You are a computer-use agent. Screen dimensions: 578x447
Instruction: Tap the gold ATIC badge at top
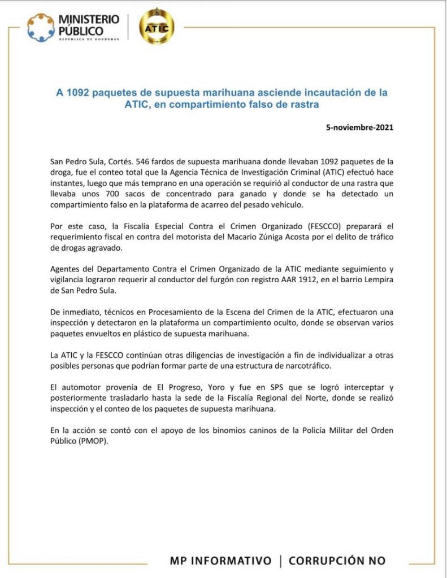(x=157, y=27)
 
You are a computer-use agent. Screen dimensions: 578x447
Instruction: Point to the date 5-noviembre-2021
(x=359, y=128)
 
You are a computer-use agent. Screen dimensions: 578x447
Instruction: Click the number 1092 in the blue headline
(x=77, y=91)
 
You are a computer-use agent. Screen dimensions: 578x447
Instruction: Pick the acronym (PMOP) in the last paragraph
(x=92, y=441)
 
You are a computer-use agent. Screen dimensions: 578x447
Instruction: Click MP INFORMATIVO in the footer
(x=220, y=561)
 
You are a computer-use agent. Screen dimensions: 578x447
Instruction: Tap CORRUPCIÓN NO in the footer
(x=337, y=561)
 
